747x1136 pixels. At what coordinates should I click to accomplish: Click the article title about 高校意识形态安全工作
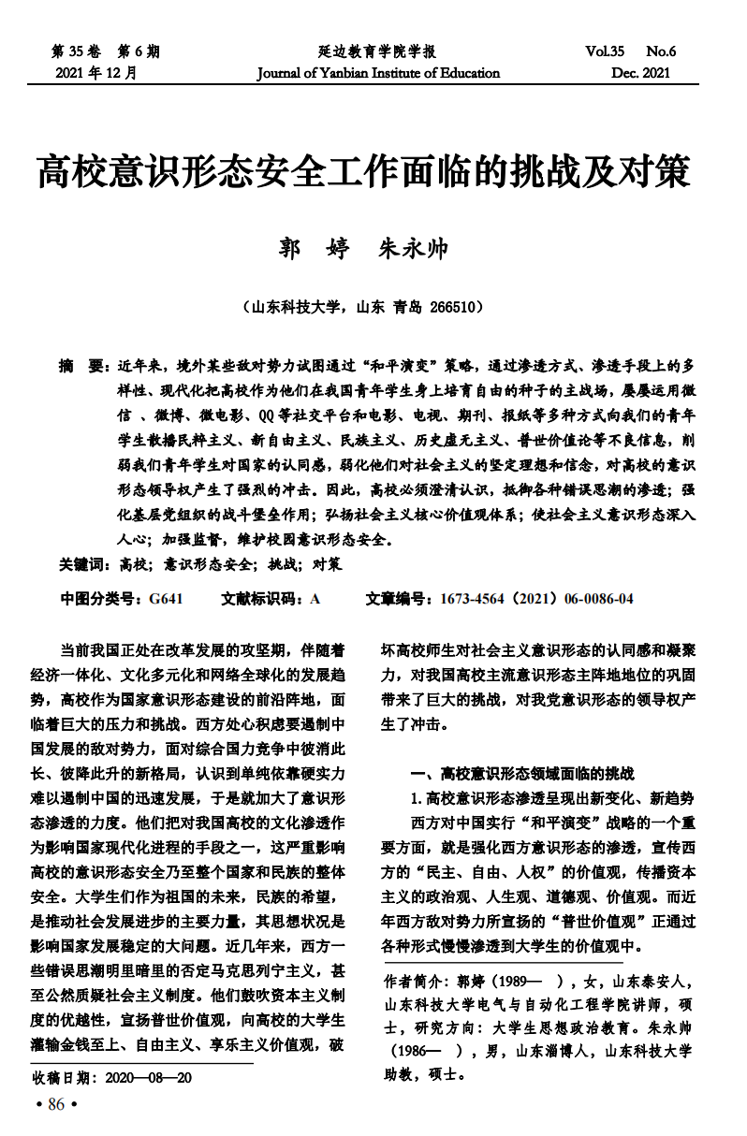363,173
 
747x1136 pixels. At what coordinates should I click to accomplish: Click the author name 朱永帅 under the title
413,250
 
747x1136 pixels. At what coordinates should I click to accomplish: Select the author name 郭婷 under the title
315,250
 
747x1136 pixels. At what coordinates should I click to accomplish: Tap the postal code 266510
456,306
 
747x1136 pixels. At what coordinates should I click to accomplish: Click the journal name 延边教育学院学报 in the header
376,51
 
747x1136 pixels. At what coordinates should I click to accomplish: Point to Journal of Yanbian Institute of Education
378,73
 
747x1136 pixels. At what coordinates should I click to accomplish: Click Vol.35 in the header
606,51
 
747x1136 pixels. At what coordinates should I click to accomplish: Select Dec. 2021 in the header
641,73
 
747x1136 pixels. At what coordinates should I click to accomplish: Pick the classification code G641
165,599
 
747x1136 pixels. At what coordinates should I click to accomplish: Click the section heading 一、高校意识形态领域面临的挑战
523,774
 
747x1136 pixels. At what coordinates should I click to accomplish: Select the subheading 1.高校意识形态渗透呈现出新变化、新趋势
552,798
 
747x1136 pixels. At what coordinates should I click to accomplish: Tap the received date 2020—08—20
149,1077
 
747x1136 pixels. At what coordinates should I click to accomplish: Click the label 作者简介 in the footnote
415,982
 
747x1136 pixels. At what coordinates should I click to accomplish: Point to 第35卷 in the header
74,51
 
